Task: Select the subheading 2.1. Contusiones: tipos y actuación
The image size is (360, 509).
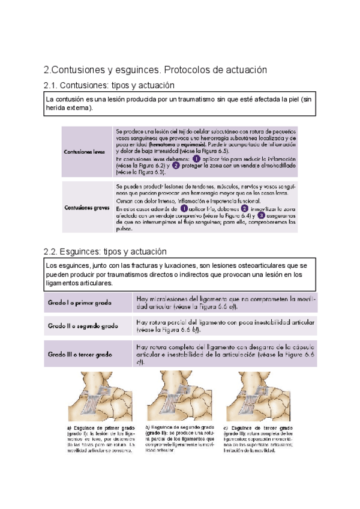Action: click(109, 85)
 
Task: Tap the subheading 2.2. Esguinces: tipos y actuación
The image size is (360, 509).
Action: click(106, 251)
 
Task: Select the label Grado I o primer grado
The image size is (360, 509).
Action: click(79, 303)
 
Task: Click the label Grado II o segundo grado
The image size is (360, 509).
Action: click(83, 326)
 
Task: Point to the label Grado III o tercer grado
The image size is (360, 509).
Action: click(80, 355)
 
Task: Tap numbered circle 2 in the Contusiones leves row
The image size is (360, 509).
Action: click(176, 165)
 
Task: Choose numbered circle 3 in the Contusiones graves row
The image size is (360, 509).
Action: click(261, 215)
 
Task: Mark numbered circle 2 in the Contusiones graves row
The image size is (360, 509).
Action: click(244, 208)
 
